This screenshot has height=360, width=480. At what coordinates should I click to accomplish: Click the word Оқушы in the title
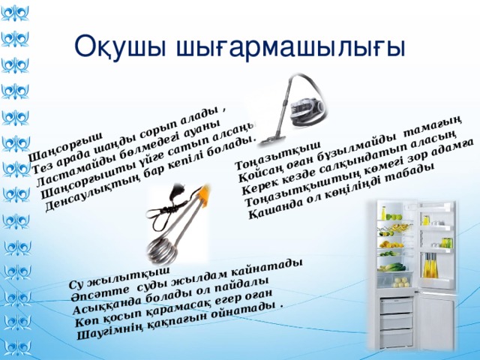[120, 47]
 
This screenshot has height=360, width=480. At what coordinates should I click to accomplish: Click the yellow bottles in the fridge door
[430, 265]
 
